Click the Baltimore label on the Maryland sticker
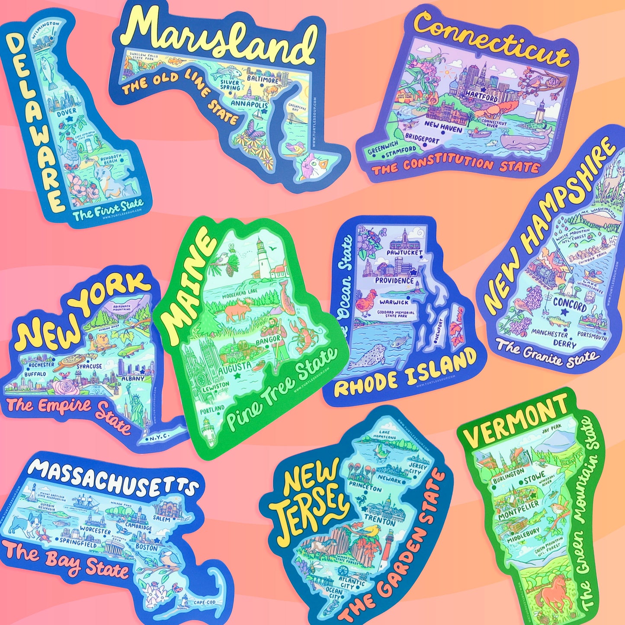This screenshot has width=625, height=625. pos(263,80)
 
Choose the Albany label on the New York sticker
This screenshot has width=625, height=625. pos(133,378)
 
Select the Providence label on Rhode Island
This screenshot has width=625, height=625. pos(394,281)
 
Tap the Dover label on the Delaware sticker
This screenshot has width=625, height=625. pos(67,111)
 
